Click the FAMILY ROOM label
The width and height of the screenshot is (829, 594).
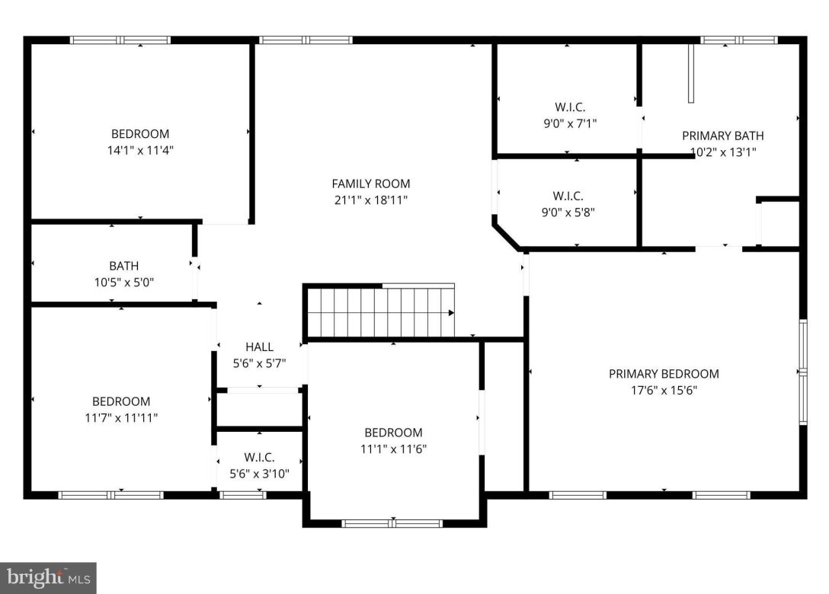pos(370,184)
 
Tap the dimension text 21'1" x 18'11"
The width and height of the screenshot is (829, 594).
pos(370,200)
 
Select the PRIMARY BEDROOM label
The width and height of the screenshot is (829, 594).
pos(664,374)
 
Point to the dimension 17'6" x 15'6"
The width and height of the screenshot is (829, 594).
pos(664,391)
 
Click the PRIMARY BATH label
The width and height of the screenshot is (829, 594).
pos(722,136)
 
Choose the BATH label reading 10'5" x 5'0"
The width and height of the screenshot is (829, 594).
pos(123,266)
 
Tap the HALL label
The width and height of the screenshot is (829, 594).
pos(259,347)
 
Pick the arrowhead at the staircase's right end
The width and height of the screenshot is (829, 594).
pos(452,312)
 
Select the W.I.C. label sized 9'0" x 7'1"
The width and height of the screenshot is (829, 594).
pos(569,107)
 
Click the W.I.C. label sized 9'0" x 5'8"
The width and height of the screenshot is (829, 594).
pos(569,196)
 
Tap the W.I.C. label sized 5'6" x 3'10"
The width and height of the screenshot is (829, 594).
pos(259,457)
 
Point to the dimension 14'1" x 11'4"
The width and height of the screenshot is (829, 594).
pos(140,151)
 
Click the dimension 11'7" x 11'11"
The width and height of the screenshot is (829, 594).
pos(121,417)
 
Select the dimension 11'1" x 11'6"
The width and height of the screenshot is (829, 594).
pos(392,449)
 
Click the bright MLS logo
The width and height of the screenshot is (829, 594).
pos(48,578)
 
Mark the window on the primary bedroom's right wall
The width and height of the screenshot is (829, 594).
pos(802,372)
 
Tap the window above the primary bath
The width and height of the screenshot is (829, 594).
pos(738,40)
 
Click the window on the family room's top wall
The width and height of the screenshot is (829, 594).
pos(306,40)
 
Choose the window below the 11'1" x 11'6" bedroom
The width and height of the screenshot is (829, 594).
pos(392,523)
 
